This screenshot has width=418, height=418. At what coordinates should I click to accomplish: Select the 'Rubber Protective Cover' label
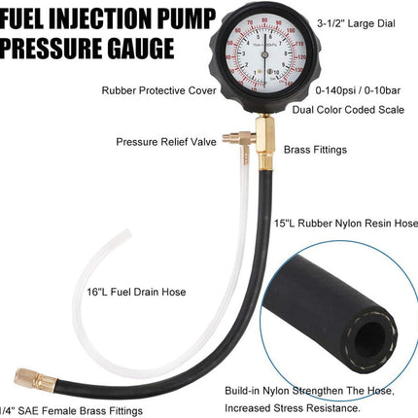click(155, 89)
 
